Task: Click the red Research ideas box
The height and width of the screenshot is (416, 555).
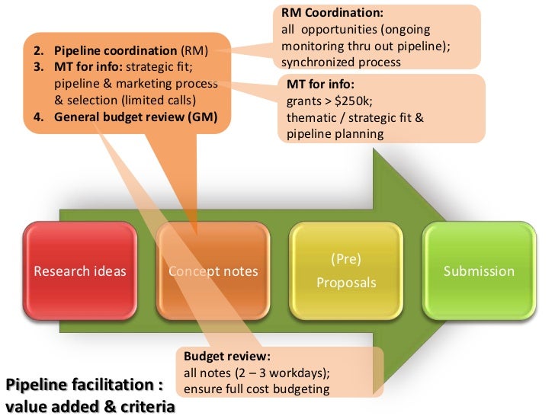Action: pyautogui.click(x=79, y=271)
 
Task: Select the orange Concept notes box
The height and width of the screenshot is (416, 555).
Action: pyautogui.click(x=213, y=271)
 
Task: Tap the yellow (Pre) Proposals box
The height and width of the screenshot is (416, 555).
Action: pyautogui.click(x=347, y=271)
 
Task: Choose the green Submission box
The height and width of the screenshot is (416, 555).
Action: pyautogui.click(x=479, y=271)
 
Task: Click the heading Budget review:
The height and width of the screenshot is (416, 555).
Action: pyautogui.click(x=227, y=356)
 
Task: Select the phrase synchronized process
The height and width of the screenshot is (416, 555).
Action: pyautogui.click(x=341, y=62)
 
